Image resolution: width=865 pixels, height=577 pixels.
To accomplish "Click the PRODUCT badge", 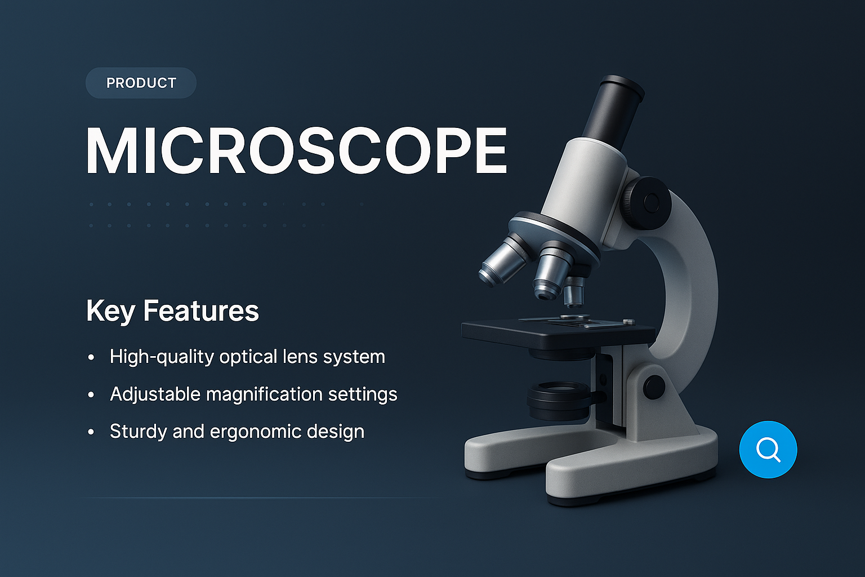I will coord(141,83).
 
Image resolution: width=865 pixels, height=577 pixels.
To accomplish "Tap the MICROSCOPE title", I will coord(296,151).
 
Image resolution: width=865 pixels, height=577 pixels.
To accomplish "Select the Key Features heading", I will coord(172,310).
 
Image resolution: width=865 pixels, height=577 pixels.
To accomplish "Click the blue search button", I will coord(768,449).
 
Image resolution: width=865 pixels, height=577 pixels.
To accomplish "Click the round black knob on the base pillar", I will coord(653,387).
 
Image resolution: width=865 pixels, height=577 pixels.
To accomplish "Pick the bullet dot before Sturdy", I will coord(91,432).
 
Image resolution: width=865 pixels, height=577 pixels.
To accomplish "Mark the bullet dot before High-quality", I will coord(91,358).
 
